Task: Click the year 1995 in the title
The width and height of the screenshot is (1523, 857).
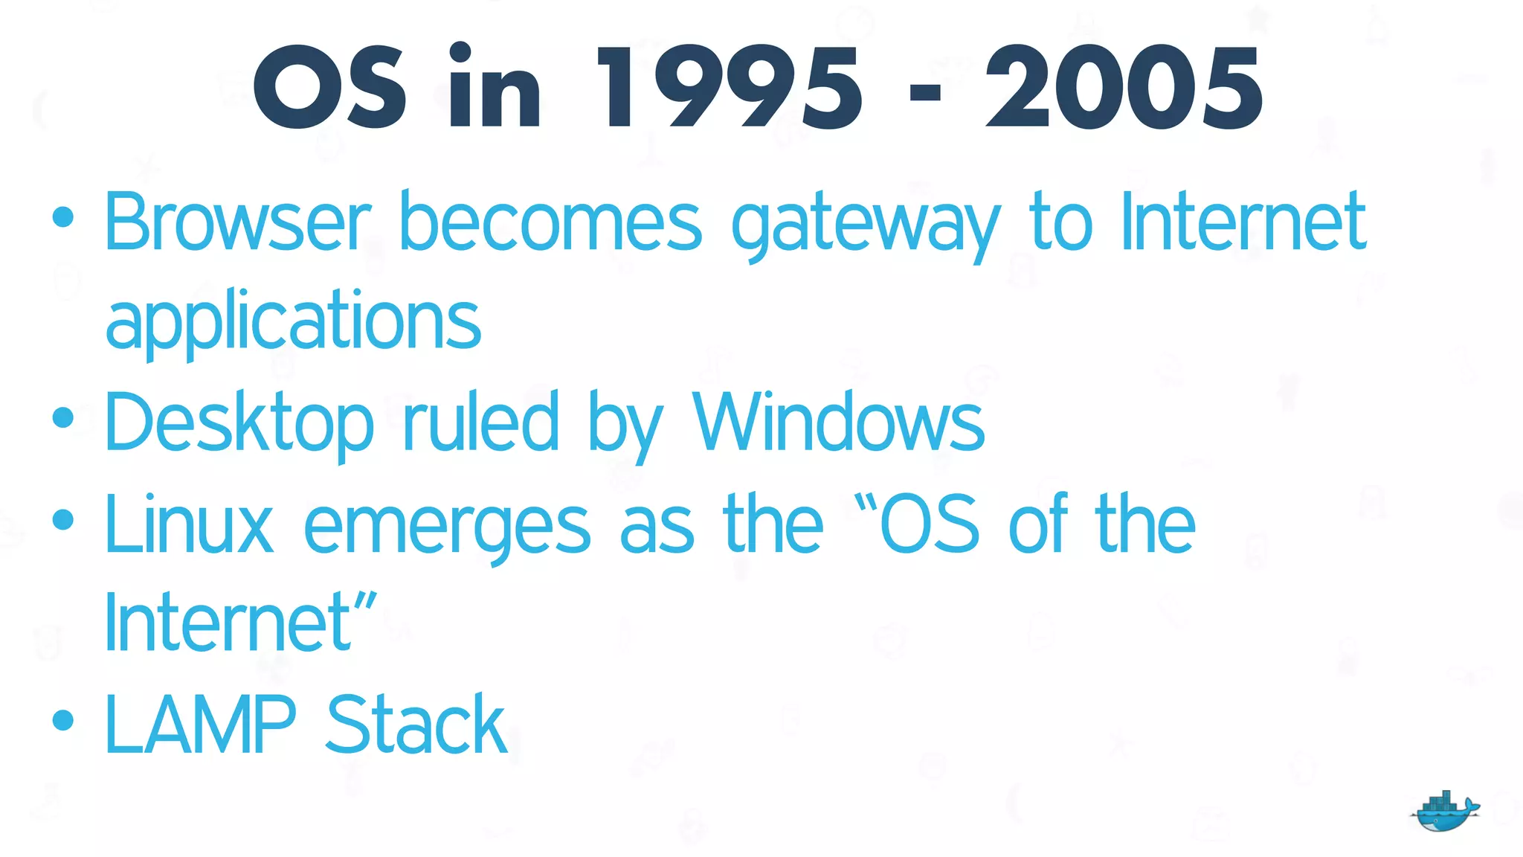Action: point(729,88)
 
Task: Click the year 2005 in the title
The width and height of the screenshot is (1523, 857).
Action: point(1123,88)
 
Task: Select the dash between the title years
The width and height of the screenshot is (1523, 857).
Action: point(925,93)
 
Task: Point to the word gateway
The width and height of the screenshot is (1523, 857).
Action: point(866,223)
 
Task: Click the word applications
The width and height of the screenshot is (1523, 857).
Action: point(293,321)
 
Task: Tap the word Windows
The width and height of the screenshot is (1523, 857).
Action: point(838,423)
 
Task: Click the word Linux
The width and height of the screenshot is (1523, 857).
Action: point(189,525)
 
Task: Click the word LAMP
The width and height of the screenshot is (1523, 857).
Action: point(200,725)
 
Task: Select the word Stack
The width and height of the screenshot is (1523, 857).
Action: point(416,725)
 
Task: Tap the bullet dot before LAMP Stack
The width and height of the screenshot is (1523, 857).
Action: point(63,719)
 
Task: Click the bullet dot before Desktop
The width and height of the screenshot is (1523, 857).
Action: point(63,417)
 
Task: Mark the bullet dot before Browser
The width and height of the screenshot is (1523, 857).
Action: point(63,216)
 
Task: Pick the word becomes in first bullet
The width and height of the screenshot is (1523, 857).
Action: point(550,221)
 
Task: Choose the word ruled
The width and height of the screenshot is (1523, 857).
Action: point(480,423)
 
